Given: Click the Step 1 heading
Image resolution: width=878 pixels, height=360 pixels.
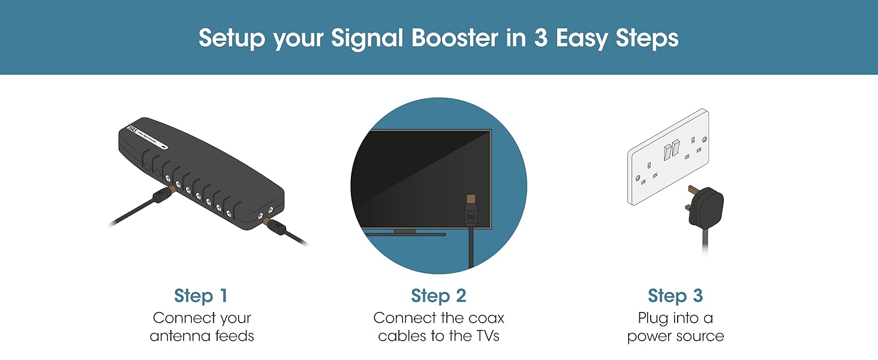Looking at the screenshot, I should [201, 296].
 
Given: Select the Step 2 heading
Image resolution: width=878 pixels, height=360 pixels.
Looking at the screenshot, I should [438, 296].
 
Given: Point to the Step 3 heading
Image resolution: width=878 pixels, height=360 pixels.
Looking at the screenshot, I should [675, 296].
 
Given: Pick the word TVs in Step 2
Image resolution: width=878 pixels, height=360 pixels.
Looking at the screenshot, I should [483, 336].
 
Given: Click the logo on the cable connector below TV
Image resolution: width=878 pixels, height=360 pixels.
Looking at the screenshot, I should [470, 218].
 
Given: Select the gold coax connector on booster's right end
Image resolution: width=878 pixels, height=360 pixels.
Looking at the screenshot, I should [264, 221].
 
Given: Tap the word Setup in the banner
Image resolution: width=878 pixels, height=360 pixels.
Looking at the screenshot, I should [231, 38].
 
